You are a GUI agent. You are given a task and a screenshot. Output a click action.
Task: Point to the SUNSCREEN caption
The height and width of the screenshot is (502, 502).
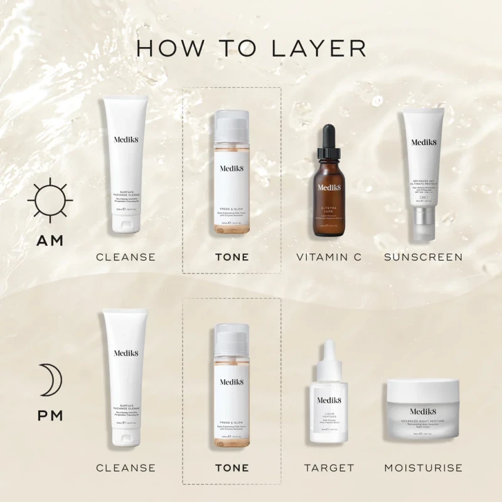point(423,257)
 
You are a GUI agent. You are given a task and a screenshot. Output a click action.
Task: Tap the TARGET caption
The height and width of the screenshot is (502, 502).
point(329,467)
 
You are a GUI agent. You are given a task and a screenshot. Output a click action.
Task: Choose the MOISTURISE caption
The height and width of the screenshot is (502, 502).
point(423,467)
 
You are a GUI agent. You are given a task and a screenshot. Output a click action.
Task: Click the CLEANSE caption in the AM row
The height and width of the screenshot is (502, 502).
point(125,257)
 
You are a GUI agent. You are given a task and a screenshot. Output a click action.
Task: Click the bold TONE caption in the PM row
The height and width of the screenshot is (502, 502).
point(232,467)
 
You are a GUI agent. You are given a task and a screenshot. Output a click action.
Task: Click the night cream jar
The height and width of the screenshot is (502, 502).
point(423,414)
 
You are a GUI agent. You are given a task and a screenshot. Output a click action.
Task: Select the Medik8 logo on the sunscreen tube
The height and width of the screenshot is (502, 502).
point(423,142)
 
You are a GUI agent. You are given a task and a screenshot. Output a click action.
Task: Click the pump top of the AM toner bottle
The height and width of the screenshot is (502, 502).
point(232,122)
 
